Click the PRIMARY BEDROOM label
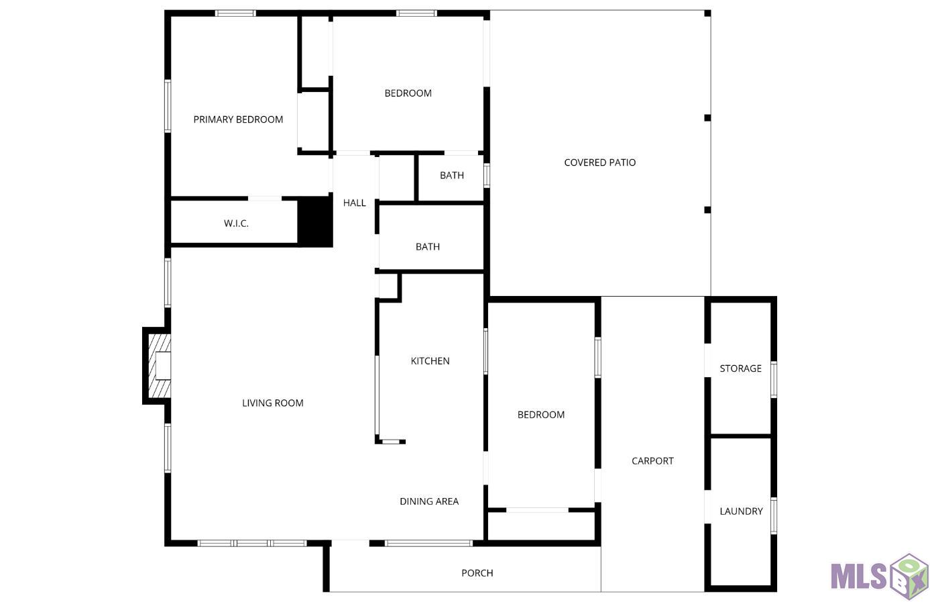(x=238, y=119)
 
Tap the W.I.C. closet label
(x=236, y=223)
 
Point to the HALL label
(x=354, y=203)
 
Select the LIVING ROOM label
(x=273, y=403)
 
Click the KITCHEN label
(x=430, y=361)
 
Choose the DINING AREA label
(x=429, y=501)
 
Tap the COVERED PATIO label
(x=600, y=162)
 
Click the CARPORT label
(x=652, y=461)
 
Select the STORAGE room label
(x=741, y=368)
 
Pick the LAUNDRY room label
(x=741, y=511)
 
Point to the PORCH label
(x=477, y=573)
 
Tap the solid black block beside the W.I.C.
(x=316, y=221)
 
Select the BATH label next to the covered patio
(x=452, y=175)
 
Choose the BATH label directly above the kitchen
(x=428, y=247)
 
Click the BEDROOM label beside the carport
(x=541, y=415)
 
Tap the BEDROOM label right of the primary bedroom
(x=408, y=93)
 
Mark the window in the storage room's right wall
(x=774, y=380)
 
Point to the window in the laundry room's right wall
(x=774, y=515)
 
